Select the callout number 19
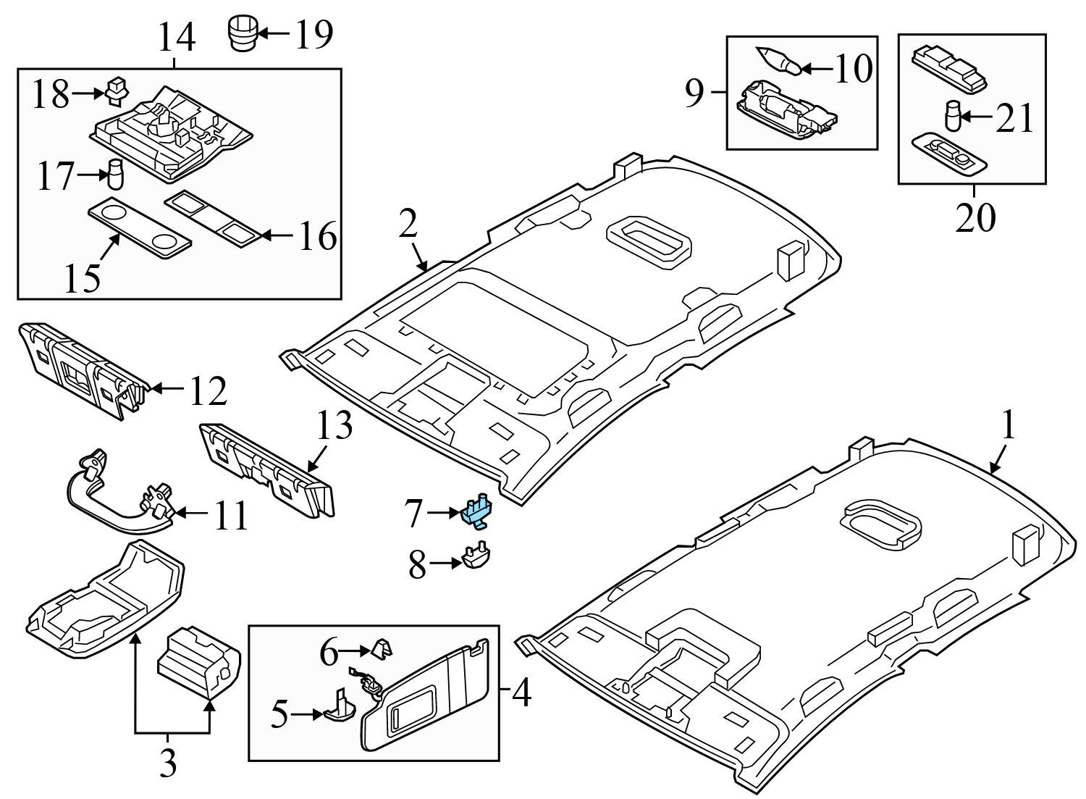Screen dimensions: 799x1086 click(x=313, y=33)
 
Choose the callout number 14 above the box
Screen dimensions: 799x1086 click(x=177, y=38)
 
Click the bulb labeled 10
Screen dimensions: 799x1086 click(x=778, y=62)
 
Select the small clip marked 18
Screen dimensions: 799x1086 click(x=117, y=89)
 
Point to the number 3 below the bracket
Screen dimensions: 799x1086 click(x=168, y=764)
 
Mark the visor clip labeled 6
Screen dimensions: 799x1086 click(x=381, y=648)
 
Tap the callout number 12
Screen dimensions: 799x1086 click(x=209, y=391)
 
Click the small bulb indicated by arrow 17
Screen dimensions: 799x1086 click(x=114, y=172)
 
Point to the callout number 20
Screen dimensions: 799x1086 click(x=975, y=218)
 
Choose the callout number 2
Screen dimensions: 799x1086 click(x=408, y=225)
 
